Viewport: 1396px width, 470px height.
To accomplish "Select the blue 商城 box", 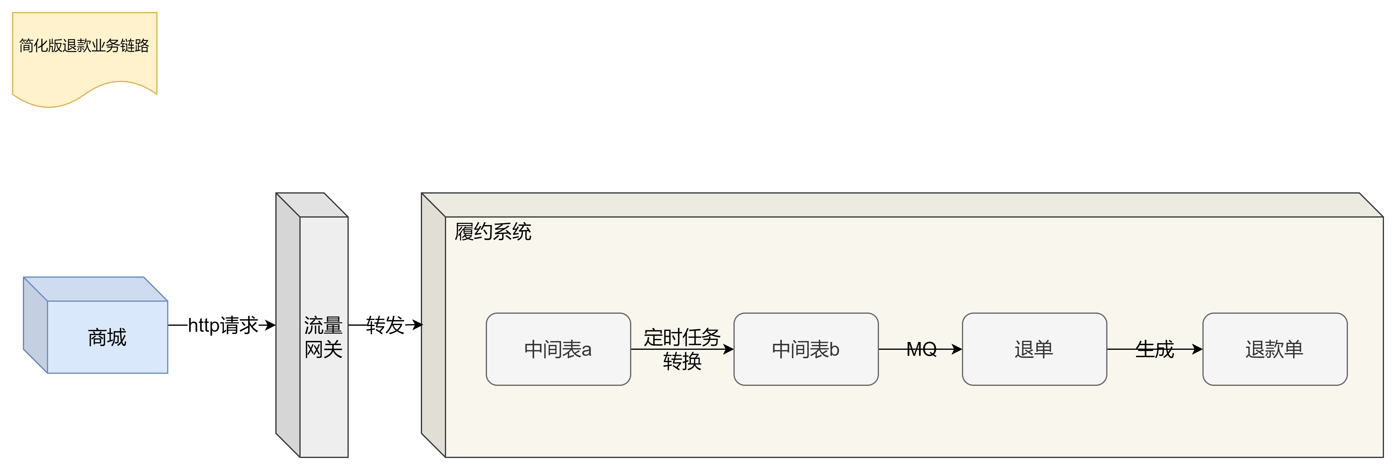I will pos(107,337).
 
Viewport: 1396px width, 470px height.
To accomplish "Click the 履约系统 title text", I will pos(493,232).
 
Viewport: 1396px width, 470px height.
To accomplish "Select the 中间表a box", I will pos(558,349).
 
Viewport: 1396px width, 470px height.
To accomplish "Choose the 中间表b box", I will pos(806,349).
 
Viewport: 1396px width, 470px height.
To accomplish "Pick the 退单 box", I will pos(1034,349).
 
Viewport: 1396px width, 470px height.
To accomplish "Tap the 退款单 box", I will pos(1275,349).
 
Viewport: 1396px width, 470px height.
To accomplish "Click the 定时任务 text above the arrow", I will pos(682,337).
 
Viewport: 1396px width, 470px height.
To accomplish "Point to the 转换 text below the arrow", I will pos(682,361).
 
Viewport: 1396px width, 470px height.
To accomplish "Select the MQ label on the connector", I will pos(921,349).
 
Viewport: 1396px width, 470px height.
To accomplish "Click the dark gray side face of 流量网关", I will pos(288,325).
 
